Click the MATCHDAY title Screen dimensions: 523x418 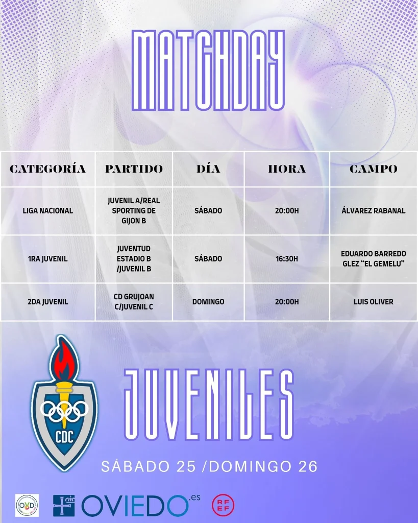pyautogui.click(x=208, y=70)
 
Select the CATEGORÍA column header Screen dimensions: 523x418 pyautogui.click(x=48, y=169)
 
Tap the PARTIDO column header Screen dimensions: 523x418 pyautogui.click(x=134, y=169)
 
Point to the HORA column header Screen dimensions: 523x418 pyautogui.click(x=287, y=169)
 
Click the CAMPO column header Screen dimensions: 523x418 pyautogui.click(x=373, y=169)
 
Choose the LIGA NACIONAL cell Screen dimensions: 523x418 pyautogui.click(x=48, y=210)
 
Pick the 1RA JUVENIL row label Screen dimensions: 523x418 pyautogui.click(x=48, y=259)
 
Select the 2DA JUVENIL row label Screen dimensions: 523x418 pyautogui.click(x=48, y=302)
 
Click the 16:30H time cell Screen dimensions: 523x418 pyautogui.click(x=287, y=259)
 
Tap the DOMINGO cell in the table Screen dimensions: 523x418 pyautogui.click(x=208, y=302)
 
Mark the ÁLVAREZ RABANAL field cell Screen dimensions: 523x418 pyautogui.click(x=373, y=210)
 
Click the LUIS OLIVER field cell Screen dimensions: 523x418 pyautogui.click(x=373, y=302)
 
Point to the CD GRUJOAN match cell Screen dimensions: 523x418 pyautogui.click(x=134, y=302)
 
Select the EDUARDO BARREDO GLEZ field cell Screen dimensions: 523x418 pyautogui.click(x=373, y=259)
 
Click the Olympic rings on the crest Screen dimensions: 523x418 pyautogui.click(x=64, y=409)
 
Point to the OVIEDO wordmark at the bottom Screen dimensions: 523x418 pyautogui.click(x=135, y=506)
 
